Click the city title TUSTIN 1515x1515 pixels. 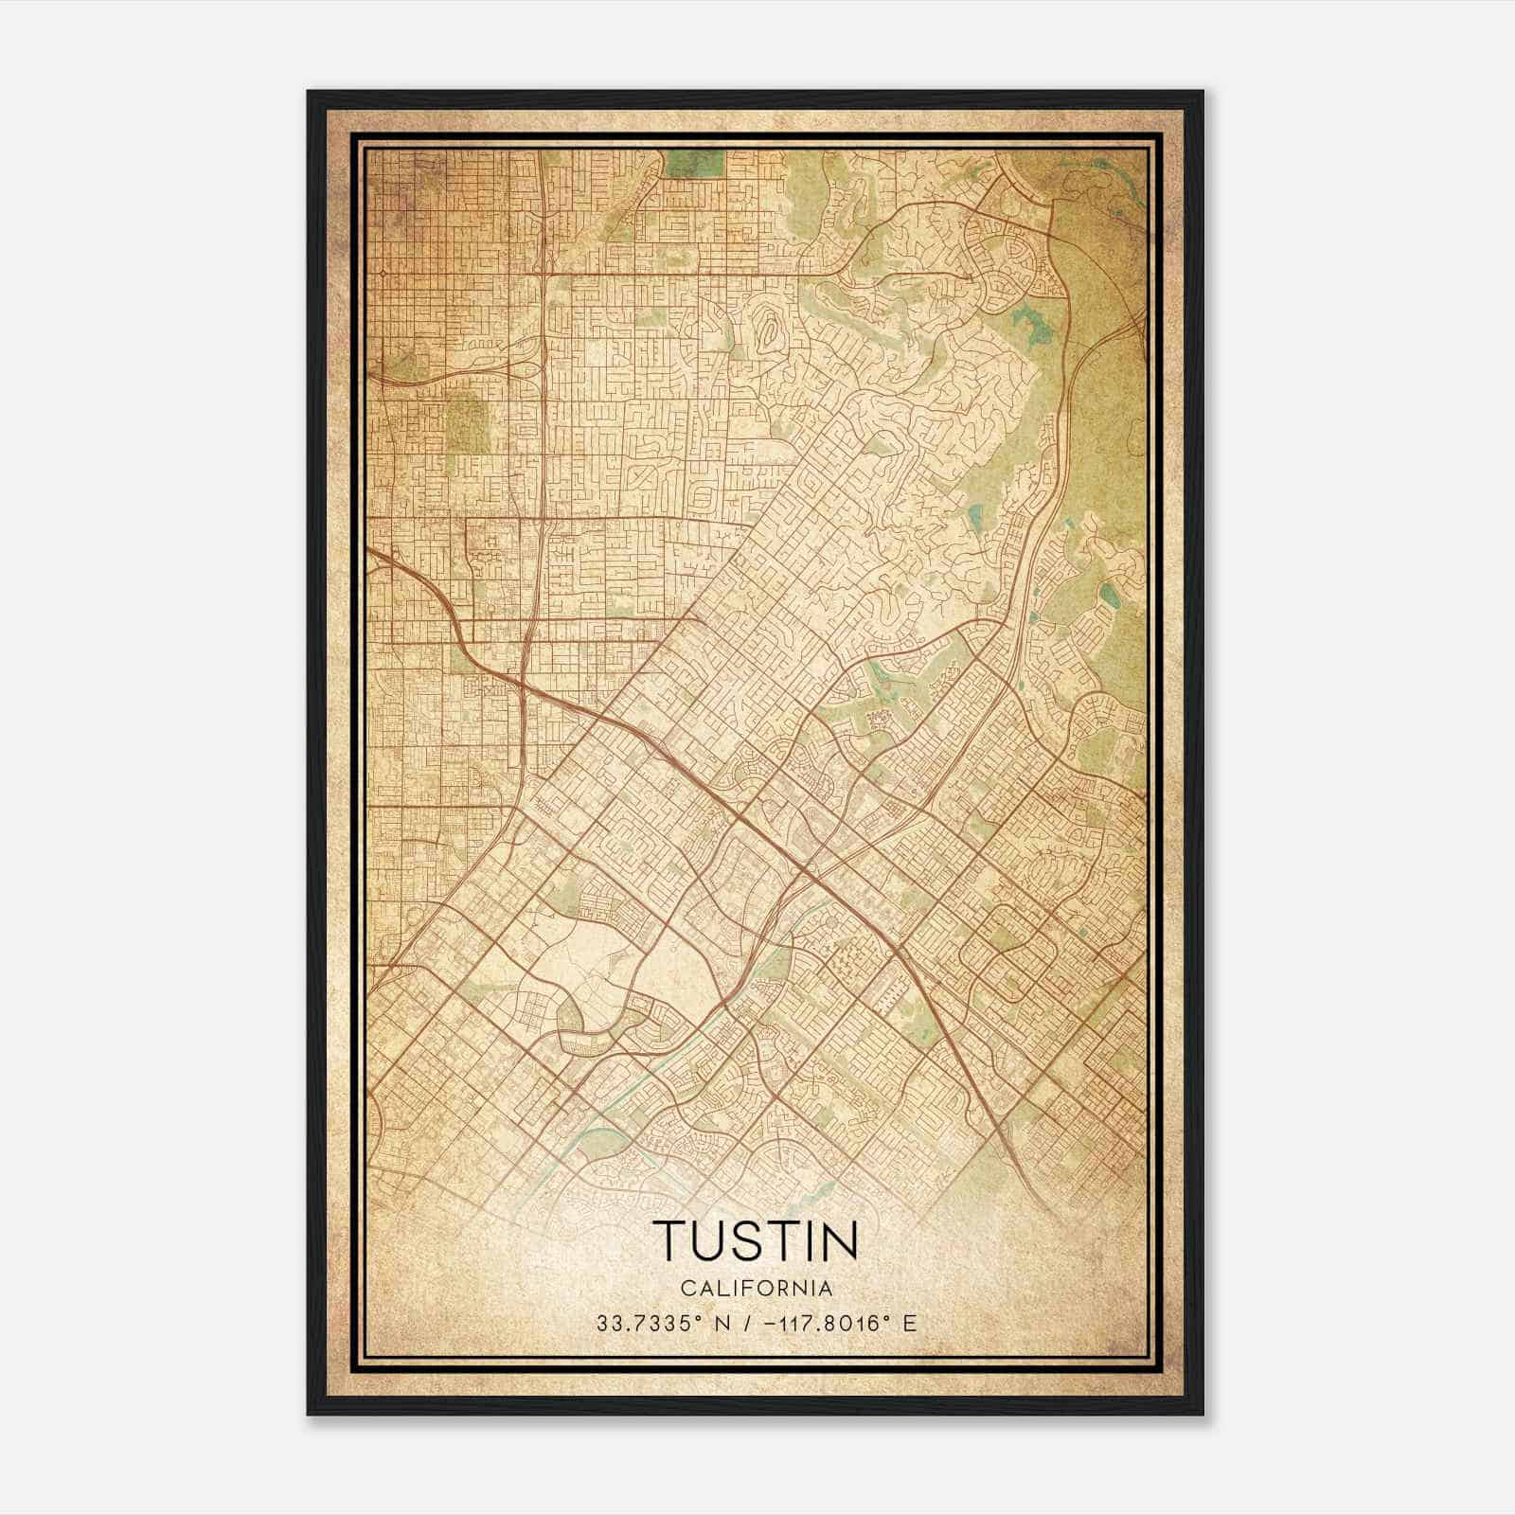coord(756,1240)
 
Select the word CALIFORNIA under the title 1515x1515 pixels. coord(756,1288)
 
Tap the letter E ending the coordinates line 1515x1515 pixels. coord(910,1323)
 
